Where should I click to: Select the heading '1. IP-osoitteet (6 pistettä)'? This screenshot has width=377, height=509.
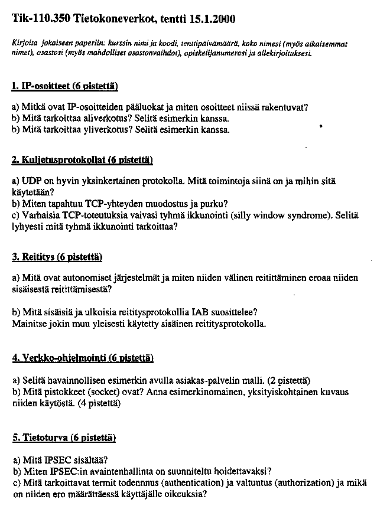tap(65, 86)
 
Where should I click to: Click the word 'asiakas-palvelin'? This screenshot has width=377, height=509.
tap(189, 380)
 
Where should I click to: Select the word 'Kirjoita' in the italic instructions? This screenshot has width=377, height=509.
tap(24, 44)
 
